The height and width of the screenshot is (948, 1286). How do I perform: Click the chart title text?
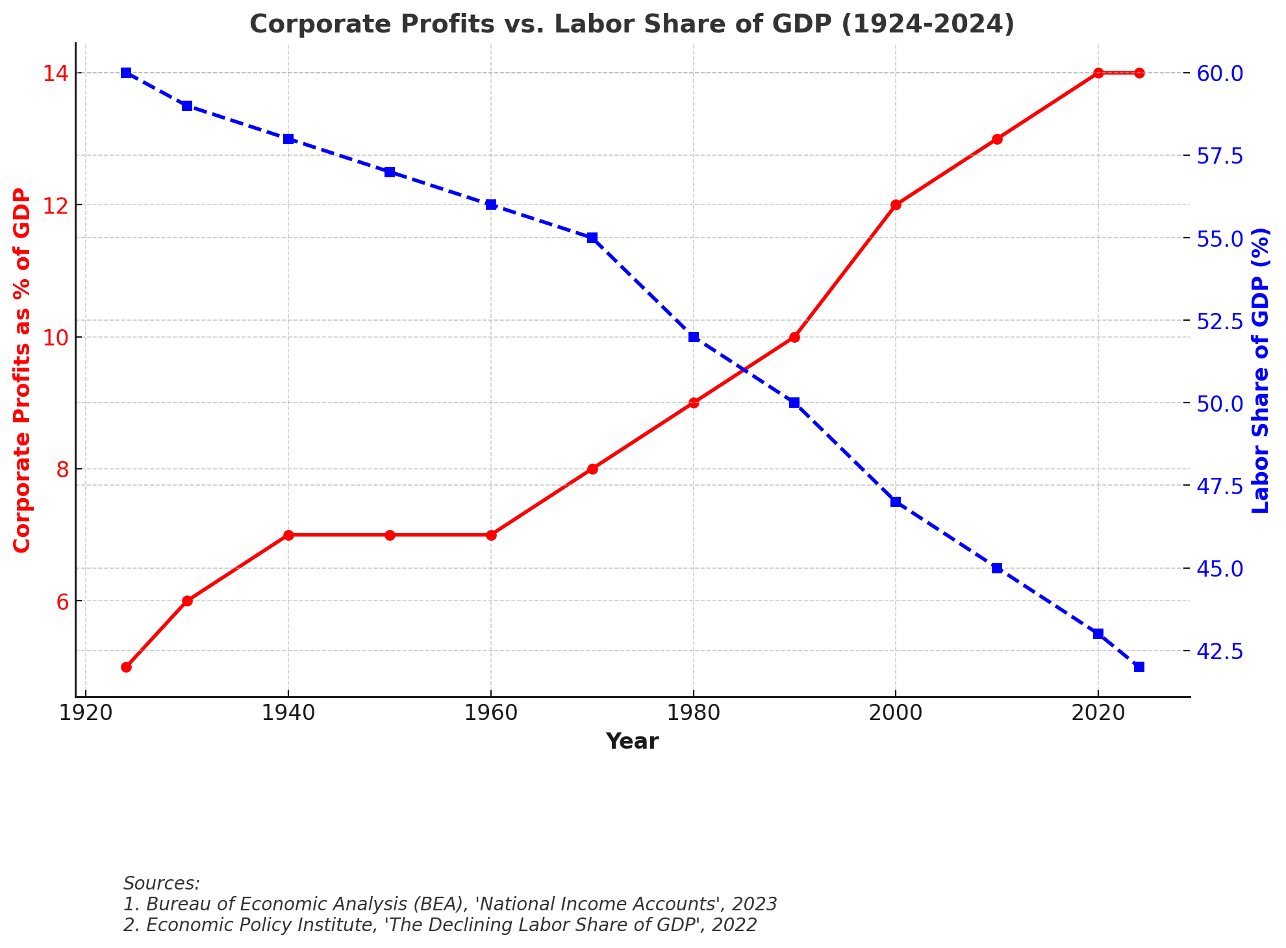tap(631, 25)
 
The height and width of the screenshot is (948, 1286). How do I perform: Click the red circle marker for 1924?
tap(126, 667)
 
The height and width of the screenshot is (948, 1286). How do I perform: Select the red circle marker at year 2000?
tap(896, 205)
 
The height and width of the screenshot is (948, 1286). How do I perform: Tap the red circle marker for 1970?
tap(592, 469)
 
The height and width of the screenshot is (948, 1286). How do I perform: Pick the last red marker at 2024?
tap(1139, 73)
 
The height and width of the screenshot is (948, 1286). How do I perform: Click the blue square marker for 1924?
tap(126, 73)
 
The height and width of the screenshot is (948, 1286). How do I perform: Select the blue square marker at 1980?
tap(694, 337)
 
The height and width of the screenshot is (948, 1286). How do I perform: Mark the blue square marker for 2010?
tap(997, 568)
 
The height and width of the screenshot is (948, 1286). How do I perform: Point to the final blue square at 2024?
tap(1139, 667)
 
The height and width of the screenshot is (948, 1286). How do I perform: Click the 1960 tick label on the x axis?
tap(491, 712)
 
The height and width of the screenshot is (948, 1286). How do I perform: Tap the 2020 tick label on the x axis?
tap(1098, 712)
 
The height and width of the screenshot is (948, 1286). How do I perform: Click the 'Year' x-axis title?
tap(632, 742)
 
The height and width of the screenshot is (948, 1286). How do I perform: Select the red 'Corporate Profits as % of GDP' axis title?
tap(22, 370)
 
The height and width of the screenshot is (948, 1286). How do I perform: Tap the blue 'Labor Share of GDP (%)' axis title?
tap(1260, 370)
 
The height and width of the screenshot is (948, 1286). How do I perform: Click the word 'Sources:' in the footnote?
tap(162, 884)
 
